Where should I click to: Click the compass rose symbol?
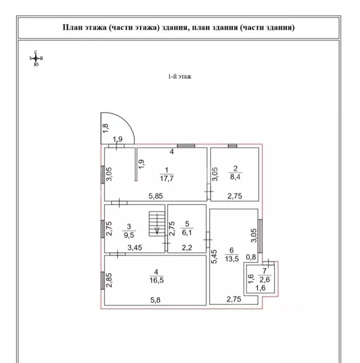coord(36,58)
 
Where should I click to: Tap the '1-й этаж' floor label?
coord(180,77)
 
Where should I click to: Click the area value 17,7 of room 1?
coord(167,179)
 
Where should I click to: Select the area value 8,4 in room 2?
coord(235,177)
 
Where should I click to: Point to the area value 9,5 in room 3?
coord(129,235)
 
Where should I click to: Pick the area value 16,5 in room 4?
coord(157,280)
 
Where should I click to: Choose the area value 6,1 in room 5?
coord(187,233)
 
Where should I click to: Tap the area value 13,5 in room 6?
coord(232,259)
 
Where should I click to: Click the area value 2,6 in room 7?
coord(264,280)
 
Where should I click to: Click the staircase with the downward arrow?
coord(157,224)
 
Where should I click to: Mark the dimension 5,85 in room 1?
coord(156,196)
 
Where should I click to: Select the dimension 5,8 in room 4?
coord(155,300)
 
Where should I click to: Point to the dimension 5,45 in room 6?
coord(214,257)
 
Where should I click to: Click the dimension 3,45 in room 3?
coord(135,248)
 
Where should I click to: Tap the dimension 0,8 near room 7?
coord(251,257)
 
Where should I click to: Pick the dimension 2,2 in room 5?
coord(187,248)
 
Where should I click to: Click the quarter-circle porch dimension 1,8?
coord(105,129)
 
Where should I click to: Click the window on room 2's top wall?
coord(232,146)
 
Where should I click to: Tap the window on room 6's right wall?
coord(260,236)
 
